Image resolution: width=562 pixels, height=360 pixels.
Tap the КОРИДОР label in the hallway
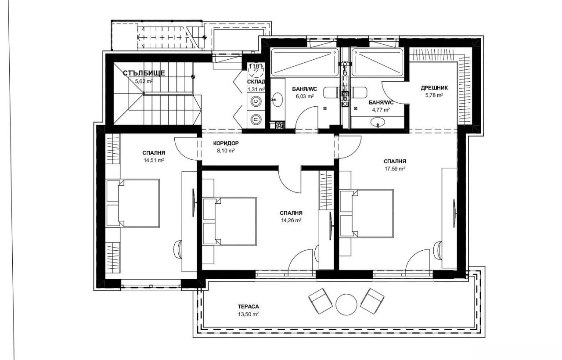[x=226, y=143]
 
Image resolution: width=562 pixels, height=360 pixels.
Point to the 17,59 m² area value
[x=394, y=168]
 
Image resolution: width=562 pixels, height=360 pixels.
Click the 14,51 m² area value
[x=153, y=160]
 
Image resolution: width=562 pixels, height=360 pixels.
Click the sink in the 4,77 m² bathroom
[x=377, y=124]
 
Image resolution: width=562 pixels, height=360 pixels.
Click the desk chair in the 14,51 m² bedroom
[x=178, y=248]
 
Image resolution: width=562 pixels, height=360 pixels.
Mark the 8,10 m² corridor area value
[x=226, y=150]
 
